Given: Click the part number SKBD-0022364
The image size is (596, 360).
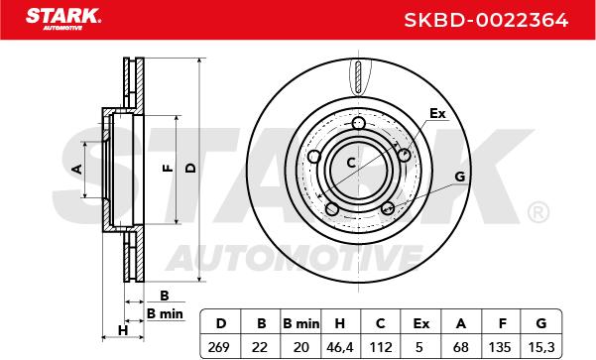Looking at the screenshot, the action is click(x=486, y=20).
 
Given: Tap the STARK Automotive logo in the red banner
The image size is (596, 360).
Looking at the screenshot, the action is click(x=63, y=19).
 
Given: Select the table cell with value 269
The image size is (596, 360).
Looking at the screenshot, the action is click(x=219, y=347).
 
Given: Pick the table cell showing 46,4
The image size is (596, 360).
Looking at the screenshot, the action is click(x=340, y=347).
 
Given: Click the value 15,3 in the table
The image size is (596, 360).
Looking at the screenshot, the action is click(x=541, y=347).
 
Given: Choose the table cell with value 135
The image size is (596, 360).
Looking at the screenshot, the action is click(x=500, y=347).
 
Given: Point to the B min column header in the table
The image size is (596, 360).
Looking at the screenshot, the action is click(x=301, y=323).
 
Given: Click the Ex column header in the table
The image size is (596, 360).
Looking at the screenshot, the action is click(x=420, y=323).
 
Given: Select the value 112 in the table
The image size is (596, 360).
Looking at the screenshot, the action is click(x=381, y=347).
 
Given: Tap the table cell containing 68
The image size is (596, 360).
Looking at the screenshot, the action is click(x=461, y=347).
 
